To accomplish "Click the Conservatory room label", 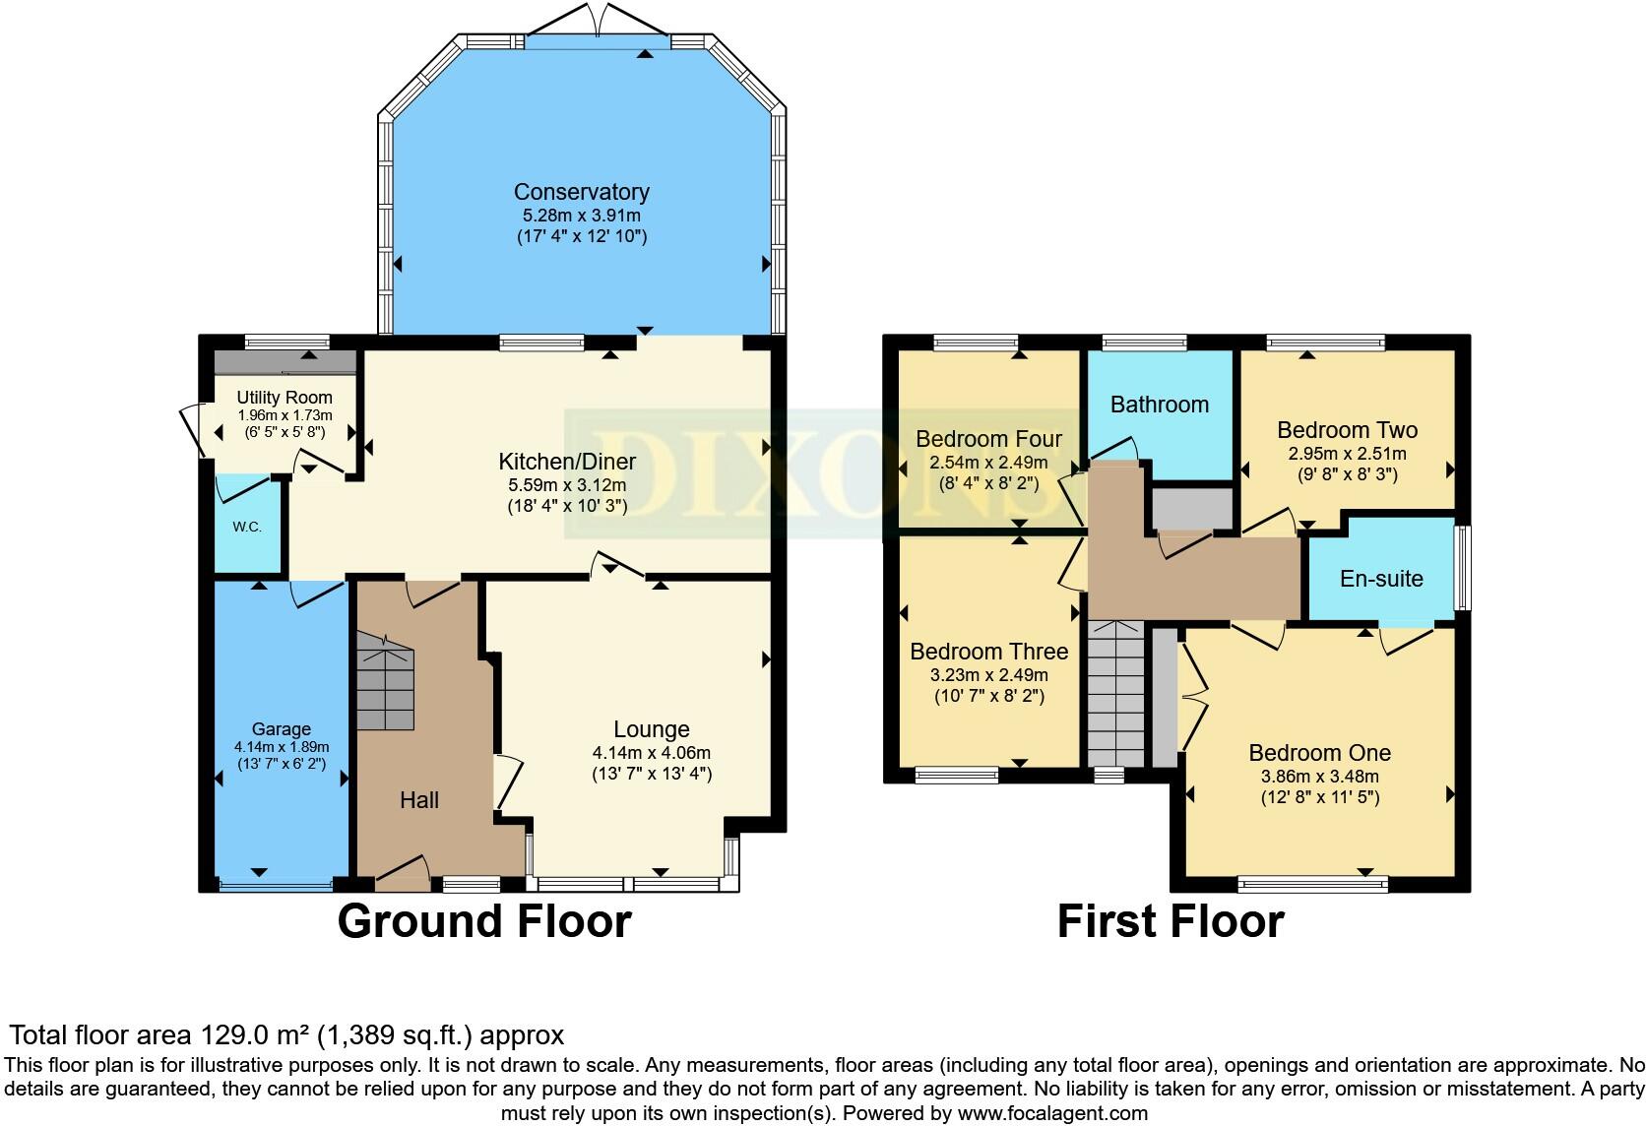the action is [x=581, y=192].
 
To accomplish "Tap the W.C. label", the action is [x=247, y=527].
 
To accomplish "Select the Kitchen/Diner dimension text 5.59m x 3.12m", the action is [x=567, y=485].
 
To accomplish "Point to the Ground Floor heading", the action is [x=484, y=921].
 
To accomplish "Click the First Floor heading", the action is [x=1171, y=921].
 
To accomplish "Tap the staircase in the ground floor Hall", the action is [x=385, y=682].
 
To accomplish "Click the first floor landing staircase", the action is [x=1115, y=694].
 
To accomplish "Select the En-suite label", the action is [x=1381, y=579].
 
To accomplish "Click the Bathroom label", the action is [x=1160, y=405].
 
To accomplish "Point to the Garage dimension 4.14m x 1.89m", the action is [x=282, y=747].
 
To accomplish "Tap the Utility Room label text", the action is [x=285, y=398].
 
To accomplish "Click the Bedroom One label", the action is [x=1320, y=753].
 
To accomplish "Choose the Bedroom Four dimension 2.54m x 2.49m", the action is [x=988, y=463].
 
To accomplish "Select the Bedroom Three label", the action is [x=989, y=652].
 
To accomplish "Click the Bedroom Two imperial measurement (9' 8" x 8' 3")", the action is [x=1348, y=474].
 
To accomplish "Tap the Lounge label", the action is [x=652, y=729].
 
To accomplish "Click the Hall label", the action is [x=419, y=800].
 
